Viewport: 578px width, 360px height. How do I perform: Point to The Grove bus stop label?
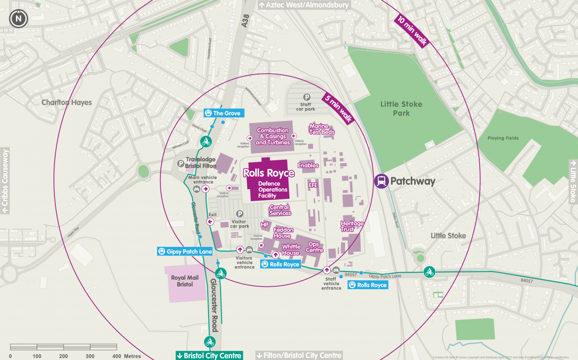coord(222,113)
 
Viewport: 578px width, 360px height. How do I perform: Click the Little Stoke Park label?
coord(401,108)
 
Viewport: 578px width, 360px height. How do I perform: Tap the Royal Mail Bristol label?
coord(182,281)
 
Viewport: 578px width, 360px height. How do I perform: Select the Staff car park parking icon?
coord(306,97)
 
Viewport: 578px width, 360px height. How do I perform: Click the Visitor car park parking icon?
coord(239,214)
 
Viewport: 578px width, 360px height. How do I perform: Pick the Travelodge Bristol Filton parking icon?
coord(181,163)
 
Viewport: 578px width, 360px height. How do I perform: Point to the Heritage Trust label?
coord(352,226)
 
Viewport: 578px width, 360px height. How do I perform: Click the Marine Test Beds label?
coord(322,129)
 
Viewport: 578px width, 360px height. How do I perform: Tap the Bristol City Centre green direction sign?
coord(209,356)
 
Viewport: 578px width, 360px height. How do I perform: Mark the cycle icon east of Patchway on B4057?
coord(429,272)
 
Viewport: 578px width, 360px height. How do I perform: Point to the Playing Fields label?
coord(502,138)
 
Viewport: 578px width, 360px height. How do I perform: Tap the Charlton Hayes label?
coord(66,102)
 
